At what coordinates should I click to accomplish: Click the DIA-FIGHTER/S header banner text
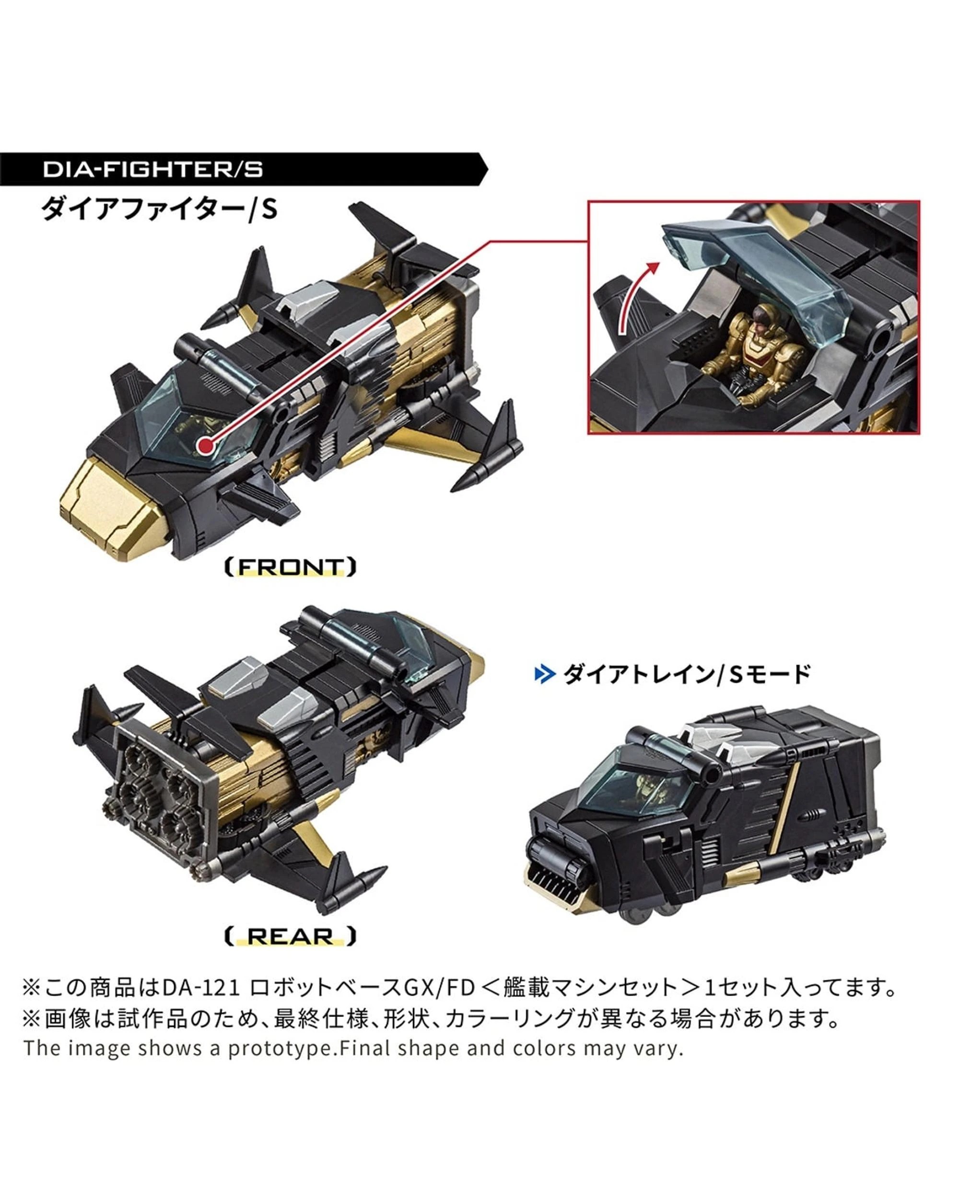[x=153, y=170]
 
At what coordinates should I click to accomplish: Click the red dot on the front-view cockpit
[x=206, y=445]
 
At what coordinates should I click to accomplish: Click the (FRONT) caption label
[x=290, y=567]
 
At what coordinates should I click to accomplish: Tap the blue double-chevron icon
[x=544, y=675]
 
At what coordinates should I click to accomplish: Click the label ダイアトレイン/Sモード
[x=687, y=675]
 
